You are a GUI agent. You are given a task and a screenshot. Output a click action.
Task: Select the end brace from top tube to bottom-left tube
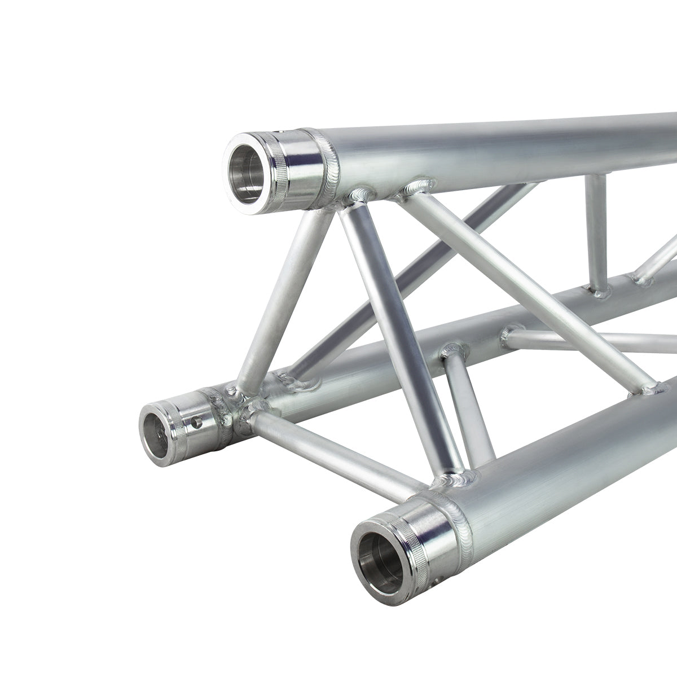coord(282,293)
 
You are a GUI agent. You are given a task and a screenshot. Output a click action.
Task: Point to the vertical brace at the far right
coord(597,231)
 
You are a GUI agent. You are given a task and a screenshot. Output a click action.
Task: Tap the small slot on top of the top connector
coord(275,134)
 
